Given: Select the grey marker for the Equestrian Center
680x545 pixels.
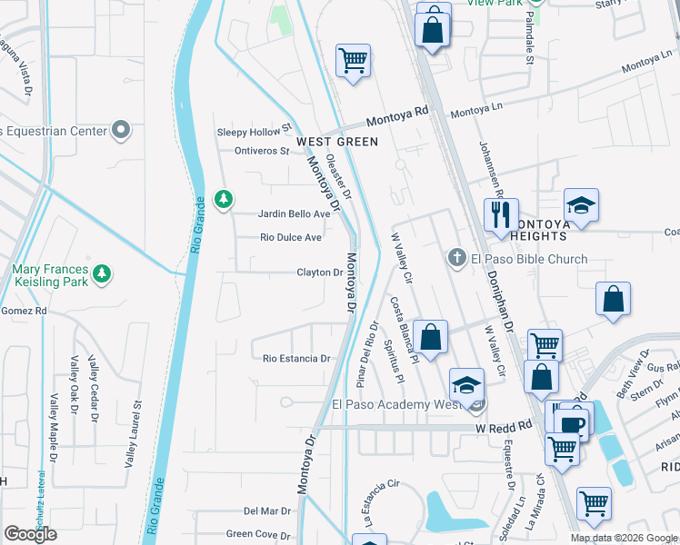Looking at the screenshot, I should point(121,130).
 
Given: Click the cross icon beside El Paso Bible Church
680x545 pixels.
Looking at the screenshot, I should point(458,259).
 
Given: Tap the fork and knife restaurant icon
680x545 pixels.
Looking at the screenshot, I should point(500,216).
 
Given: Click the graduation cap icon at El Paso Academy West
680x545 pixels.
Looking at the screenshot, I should point(466,385).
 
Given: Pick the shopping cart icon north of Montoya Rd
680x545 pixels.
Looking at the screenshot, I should point(353,61).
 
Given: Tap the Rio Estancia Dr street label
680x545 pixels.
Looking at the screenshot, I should point(295,359).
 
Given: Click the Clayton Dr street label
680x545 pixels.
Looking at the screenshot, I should point(319,272).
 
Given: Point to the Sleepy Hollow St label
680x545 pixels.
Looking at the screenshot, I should point(253,132).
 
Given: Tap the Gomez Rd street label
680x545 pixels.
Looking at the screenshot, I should point(23,311).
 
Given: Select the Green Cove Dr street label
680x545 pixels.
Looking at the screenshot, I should point(258,534).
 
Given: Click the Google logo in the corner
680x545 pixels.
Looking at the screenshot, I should point(31,534).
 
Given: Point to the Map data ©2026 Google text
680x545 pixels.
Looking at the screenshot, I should point(624,538).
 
